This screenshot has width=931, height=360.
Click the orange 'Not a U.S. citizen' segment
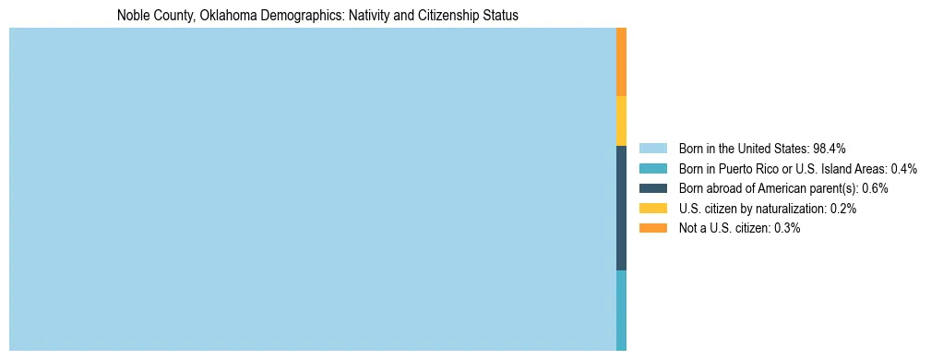(x=621, y=62)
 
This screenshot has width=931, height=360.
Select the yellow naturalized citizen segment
(x=621, y=121)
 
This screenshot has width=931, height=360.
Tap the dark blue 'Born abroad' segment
(x=621, y=208)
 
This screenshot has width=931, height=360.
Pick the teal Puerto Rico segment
(x=621, y=310)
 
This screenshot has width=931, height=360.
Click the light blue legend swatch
(x=652, y=148)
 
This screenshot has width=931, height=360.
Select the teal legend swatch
(x=652, y=168)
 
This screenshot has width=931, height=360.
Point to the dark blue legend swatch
(x=652, y=188)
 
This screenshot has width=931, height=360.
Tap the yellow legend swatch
(x=652, y=209)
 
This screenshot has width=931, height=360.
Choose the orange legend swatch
(x=652, y=228)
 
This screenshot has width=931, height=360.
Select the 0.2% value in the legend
(x=843, y=209)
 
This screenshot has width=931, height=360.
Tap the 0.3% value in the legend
(x=787, y=228)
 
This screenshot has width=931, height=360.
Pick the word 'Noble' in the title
(x=132, y=16)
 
